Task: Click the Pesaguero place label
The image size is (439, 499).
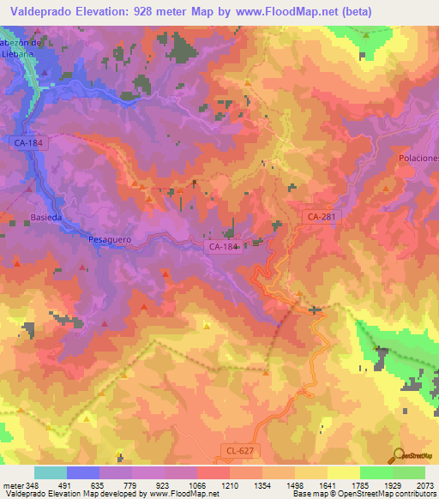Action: [109, 241]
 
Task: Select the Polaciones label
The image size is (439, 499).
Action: [418, 159]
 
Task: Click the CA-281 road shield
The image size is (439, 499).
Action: [322, 218]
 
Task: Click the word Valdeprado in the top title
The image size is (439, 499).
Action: [41, 11]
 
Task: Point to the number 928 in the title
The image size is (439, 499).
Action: [151, 11]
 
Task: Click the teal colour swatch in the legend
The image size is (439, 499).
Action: [50, 472]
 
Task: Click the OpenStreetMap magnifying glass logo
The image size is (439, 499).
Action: [397, 455]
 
